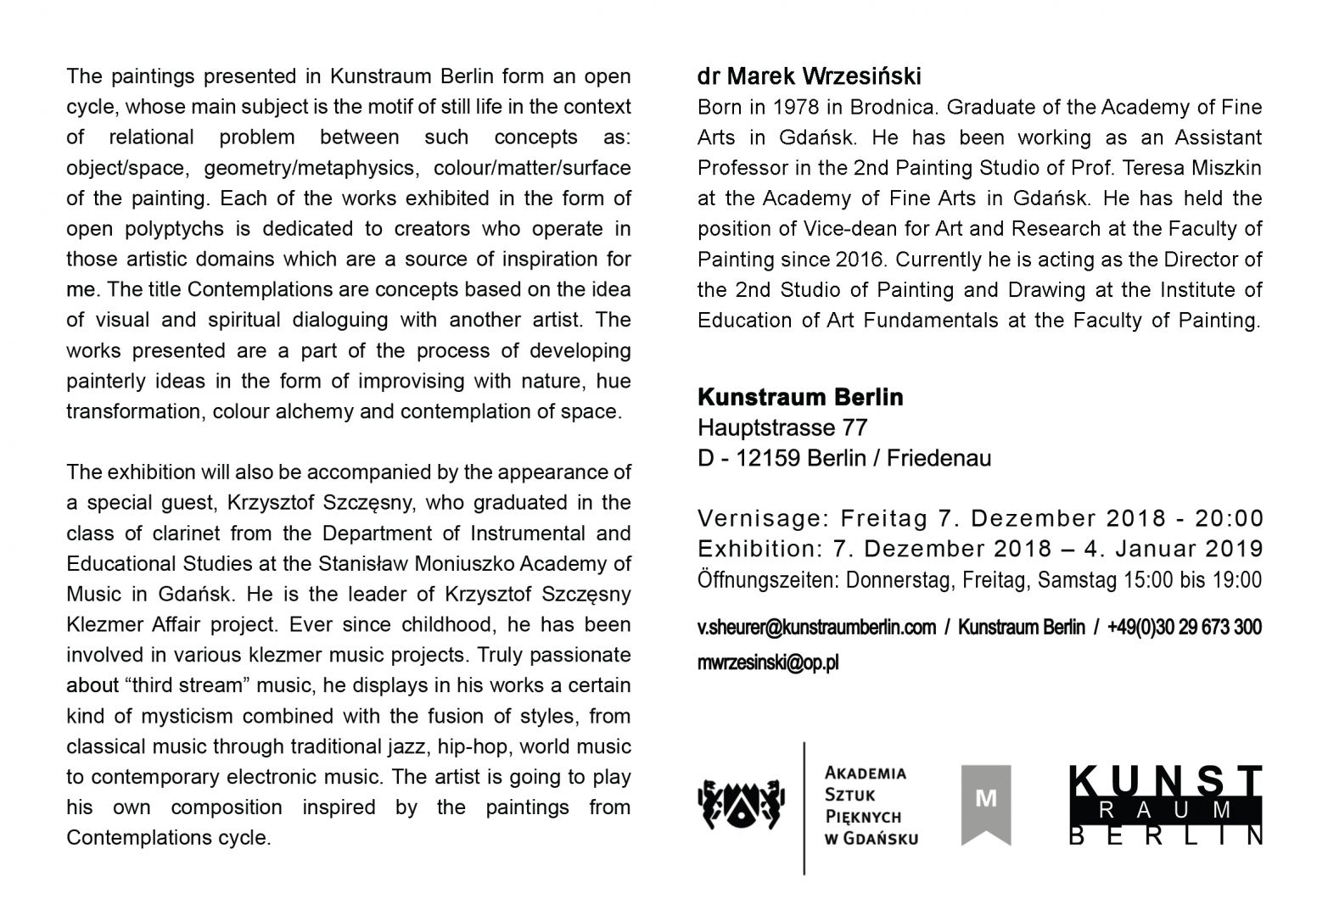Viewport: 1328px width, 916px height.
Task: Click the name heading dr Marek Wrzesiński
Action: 809,77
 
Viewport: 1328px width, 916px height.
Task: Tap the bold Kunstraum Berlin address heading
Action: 800,397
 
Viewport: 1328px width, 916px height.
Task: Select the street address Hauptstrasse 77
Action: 782,427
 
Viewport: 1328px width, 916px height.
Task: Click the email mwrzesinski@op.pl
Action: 767,663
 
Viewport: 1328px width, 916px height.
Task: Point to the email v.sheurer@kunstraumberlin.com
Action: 816,628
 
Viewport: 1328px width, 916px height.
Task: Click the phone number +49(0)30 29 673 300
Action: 1184,628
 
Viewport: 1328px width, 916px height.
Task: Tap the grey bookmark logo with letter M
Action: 985,803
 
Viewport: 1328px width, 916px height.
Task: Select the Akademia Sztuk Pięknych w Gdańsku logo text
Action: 871,806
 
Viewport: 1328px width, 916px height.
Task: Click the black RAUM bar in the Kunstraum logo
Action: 1166,810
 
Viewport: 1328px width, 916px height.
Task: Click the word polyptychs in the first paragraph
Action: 177,229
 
